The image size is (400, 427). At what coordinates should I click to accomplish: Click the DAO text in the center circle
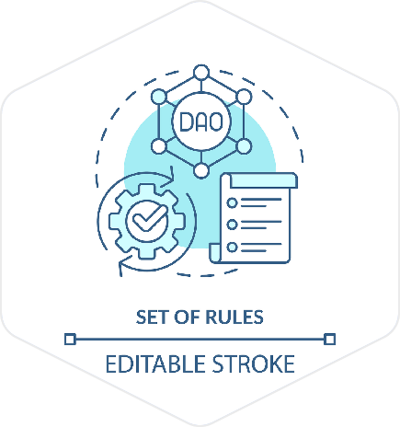201,121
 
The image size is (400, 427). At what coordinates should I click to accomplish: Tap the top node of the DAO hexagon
201,73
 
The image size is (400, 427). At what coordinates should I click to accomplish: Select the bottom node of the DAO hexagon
201,170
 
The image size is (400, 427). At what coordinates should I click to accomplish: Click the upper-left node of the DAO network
159,97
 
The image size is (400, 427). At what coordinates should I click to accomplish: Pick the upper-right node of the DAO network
244,97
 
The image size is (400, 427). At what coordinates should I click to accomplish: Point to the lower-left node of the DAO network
159,146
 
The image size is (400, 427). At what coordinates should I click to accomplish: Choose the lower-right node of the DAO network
244,146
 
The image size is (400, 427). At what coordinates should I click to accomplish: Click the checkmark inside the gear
148,218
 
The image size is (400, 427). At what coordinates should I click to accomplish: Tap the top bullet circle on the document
232,202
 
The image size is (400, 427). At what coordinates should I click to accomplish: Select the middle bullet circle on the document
232,225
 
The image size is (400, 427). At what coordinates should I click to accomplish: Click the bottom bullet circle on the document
232,247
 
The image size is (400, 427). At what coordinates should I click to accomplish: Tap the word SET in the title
152,317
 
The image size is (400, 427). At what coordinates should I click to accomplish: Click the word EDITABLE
155,364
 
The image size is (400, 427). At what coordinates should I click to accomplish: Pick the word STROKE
253,364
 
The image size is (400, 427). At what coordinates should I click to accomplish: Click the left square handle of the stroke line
70,340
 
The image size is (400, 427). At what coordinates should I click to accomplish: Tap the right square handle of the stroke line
330,340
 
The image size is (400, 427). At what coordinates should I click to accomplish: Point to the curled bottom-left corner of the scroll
215,253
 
